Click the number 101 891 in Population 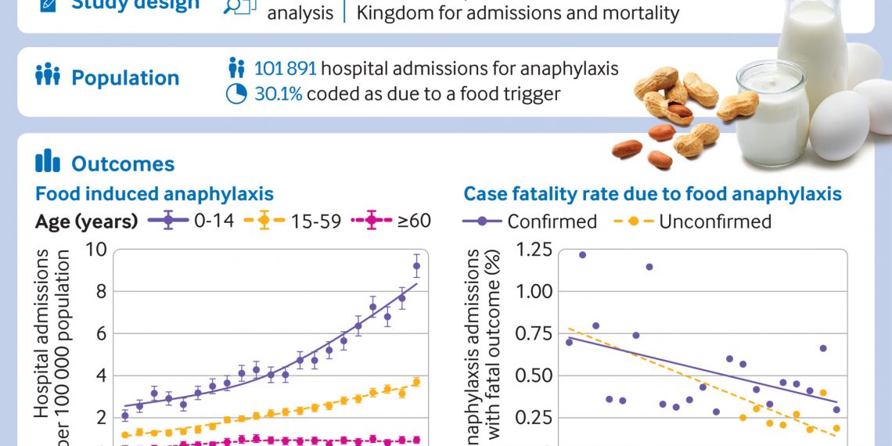(286, 69)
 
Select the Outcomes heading (123, 164)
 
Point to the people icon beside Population (48, 77)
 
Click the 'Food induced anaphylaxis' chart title (154, 193)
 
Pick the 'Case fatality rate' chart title (653, 193)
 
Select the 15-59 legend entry (297, 221)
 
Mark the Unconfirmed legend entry (696, 221)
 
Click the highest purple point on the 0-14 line (416, 266)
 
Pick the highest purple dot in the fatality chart (582, 254)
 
